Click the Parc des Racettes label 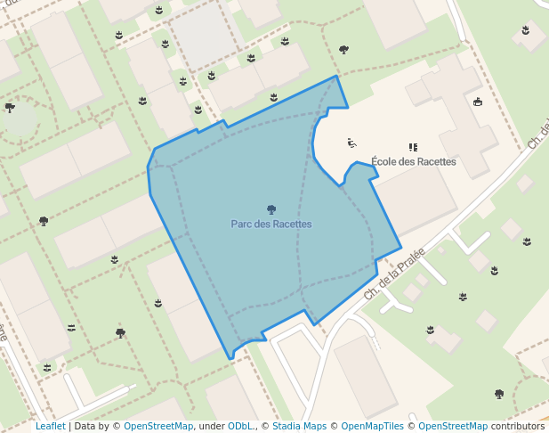[x=271, y=225]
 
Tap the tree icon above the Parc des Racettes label [x=271, y=210]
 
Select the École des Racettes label [x=413, y=162]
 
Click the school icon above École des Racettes [x=413, y=147]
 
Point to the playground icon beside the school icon [x=352, y=143]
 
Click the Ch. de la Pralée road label [x=394, y=273]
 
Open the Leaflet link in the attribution [x=50, y=426]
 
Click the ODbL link [x=240, y=426]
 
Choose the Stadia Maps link [x=299, y=426]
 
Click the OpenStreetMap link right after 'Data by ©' [x=158, y=426]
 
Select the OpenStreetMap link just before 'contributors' [x=453, y=426]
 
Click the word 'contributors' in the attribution [x=517, y=426]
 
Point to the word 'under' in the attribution [x=212, y=426]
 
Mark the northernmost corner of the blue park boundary [x=336, y=76]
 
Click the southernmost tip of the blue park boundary [x=231, y=358]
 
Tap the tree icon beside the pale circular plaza [x=11, y=108]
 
